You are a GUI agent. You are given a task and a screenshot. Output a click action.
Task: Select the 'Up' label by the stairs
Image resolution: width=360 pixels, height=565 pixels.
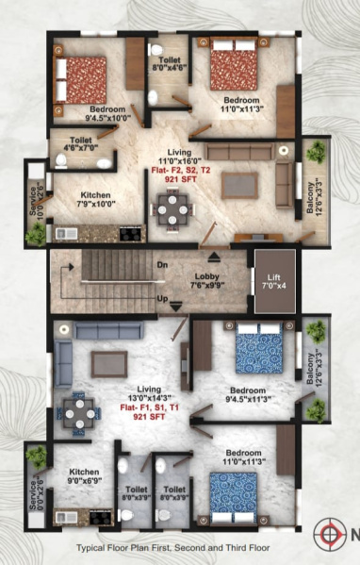tap(162, 299)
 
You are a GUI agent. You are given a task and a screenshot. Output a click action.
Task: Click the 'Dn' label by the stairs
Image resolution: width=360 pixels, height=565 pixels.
tap(162, 264)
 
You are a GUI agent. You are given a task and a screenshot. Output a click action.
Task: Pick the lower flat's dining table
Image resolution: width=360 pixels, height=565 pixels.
tap(77, 408)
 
